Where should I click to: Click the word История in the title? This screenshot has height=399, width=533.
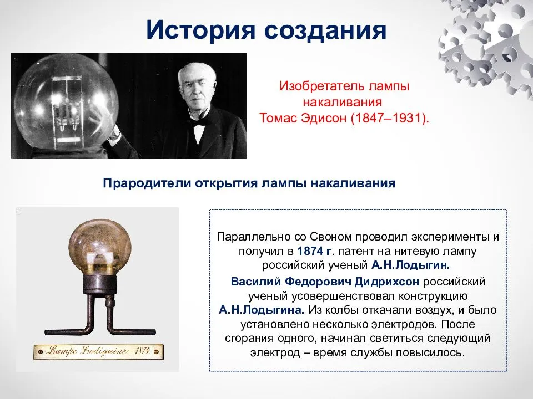[x=200, y=30]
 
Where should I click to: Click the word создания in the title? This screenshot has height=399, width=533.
[x=325, y=31]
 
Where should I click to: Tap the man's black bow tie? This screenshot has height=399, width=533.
[x=198, y=121]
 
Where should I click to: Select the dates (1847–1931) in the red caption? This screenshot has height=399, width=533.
[x=390, y=118]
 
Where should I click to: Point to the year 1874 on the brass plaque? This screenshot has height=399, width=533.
[x=142, y=350]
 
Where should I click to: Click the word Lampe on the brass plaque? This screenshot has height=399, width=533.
[x=61, y=351]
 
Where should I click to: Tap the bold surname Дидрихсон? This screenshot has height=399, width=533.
[x=386, y=282]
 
